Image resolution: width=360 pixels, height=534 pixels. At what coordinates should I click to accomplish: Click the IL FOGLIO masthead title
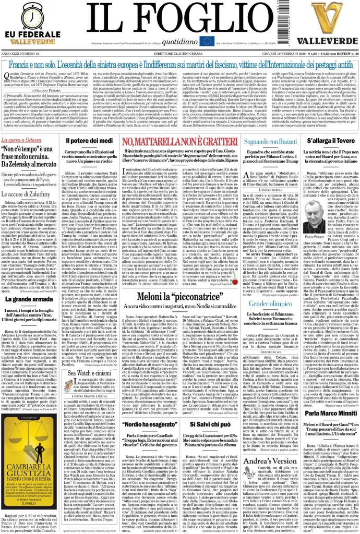[x=180, y=19]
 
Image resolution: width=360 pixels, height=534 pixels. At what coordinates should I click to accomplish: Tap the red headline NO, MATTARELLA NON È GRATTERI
[x=179, y=142]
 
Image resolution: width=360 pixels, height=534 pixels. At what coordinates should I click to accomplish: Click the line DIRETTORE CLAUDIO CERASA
[x=179, y=54]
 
